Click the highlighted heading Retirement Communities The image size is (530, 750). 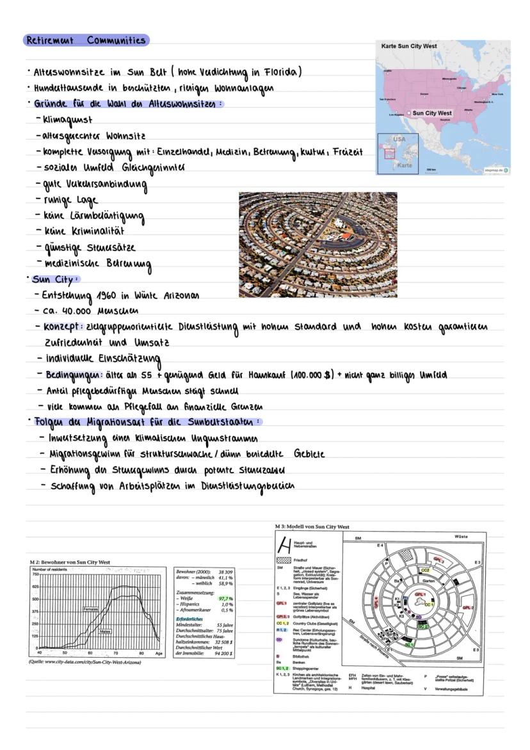(86, 40)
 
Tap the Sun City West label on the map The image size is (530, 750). (431, 113)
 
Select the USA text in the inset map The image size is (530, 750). (399, 139)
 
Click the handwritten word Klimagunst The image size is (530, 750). (68, 119)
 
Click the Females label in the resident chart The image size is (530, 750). (92, 608)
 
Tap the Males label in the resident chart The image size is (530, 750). (106, 632)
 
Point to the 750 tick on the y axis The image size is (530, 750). (36, 575)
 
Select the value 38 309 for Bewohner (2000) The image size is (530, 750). (225, 571)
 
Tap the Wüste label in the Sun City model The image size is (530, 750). (460, 536)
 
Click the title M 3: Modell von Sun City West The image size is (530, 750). (312, 526)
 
